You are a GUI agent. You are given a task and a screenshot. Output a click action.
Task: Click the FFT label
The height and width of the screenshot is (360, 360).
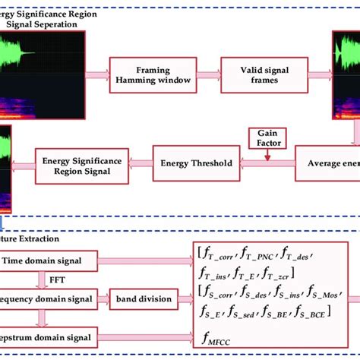36,278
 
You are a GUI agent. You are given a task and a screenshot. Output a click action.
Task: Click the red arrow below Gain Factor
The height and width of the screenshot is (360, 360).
266,153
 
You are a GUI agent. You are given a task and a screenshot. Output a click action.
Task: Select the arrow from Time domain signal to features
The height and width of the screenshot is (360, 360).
147,261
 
